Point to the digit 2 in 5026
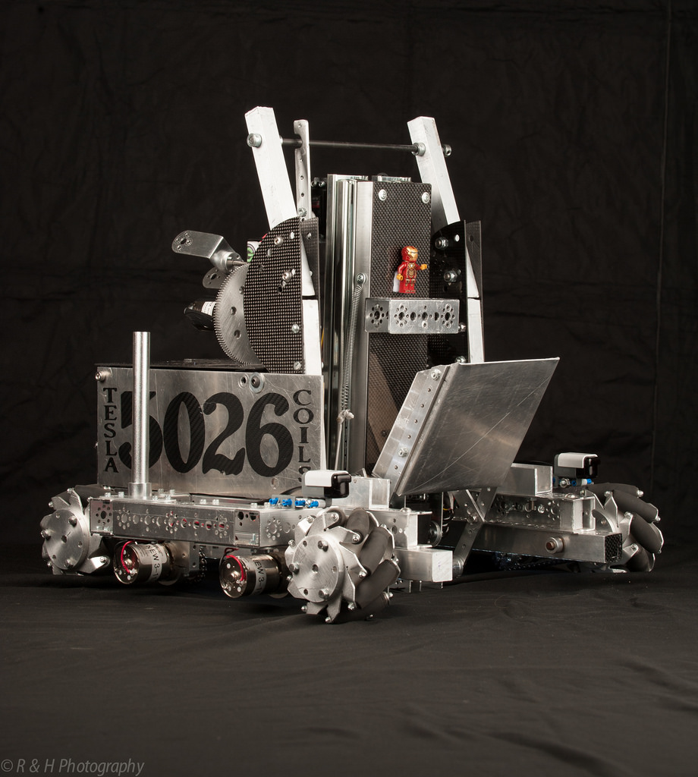point(224,434)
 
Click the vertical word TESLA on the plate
point(111,429)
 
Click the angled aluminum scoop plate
point(470,425)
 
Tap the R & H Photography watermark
point(72,766)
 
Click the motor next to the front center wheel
point(250,574)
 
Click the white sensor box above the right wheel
point(577,464)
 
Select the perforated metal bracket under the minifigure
point(411,316)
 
